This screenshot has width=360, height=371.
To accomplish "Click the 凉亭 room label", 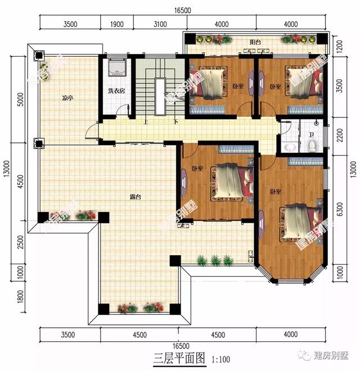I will click(67, 98).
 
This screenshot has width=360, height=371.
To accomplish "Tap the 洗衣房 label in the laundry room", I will click(116, 91).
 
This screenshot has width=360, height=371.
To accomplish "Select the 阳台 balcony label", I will click(255, 42).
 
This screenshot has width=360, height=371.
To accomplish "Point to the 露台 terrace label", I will click(135, 197).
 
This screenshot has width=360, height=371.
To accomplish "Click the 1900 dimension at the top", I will click(116, 24).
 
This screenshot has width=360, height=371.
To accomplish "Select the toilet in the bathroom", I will click(312, 146).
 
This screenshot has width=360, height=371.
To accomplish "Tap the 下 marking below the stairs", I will click(175, 121).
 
